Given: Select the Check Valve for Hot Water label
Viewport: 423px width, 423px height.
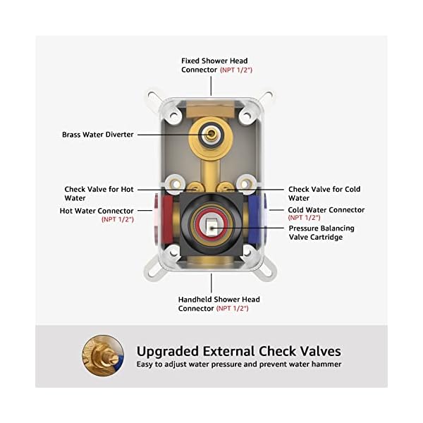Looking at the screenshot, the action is pos(99,193).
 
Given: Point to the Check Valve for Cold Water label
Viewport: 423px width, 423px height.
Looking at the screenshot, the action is pos(324,193).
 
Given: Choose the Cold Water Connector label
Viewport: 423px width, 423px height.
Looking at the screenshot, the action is pos(326,209).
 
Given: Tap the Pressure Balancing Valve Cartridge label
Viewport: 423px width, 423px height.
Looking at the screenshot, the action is pos(321,233).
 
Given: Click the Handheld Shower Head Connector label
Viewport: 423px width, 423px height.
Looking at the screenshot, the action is pos(213,304).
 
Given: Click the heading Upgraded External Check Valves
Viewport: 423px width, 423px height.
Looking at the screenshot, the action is pos(238,350).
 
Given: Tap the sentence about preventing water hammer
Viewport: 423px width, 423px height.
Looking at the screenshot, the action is pos(238,364).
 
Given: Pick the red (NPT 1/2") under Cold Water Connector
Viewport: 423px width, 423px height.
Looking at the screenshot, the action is pos(305,219).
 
